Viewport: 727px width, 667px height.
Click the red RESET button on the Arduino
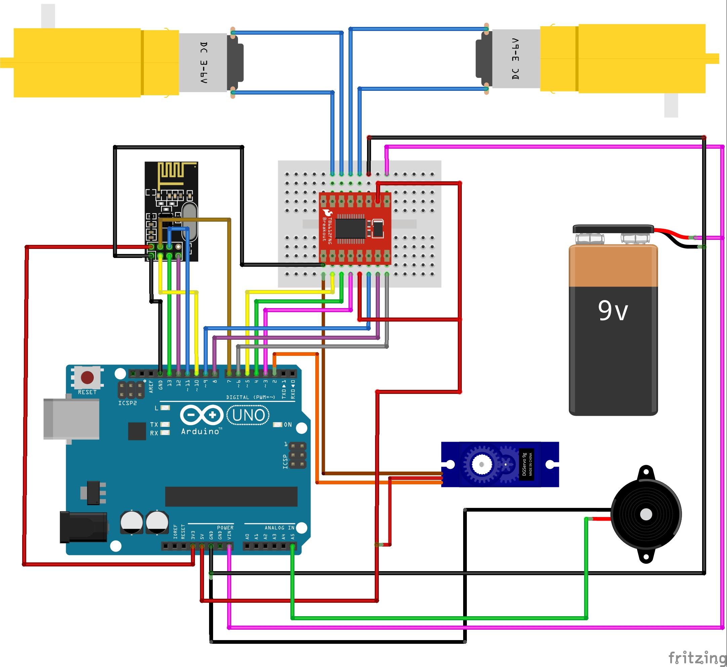tap(87, 377)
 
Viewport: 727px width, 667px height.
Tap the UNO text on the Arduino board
tap(248, 415)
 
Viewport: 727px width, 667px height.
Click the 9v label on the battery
tap(613, 311)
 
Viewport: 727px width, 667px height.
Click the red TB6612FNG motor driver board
tap(355, 229)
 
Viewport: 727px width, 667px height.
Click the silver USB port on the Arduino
tap(71, 419)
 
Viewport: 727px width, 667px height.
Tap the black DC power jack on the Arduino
tap(83, 527)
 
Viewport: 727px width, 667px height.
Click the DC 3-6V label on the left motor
tap(204, 63)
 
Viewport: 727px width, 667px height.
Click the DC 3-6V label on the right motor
tap(516, 59)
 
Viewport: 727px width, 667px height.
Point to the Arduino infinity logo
tap(202, 415)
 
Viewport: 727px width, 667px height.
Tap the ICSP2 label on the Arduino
tap(128, 403)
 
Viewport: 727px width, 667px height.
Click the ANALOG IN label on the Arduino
tap(280, 528)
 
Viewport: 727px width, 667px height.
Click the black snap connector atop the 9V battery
tap(613, 229)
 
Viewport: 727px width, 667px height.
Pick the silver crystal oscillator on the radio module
tap(190, 222)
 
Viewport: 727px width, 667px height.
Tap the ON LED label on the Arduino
tap(288, 424)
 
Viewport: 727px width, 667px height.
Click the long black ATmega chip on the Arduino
tap(231, 496)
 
